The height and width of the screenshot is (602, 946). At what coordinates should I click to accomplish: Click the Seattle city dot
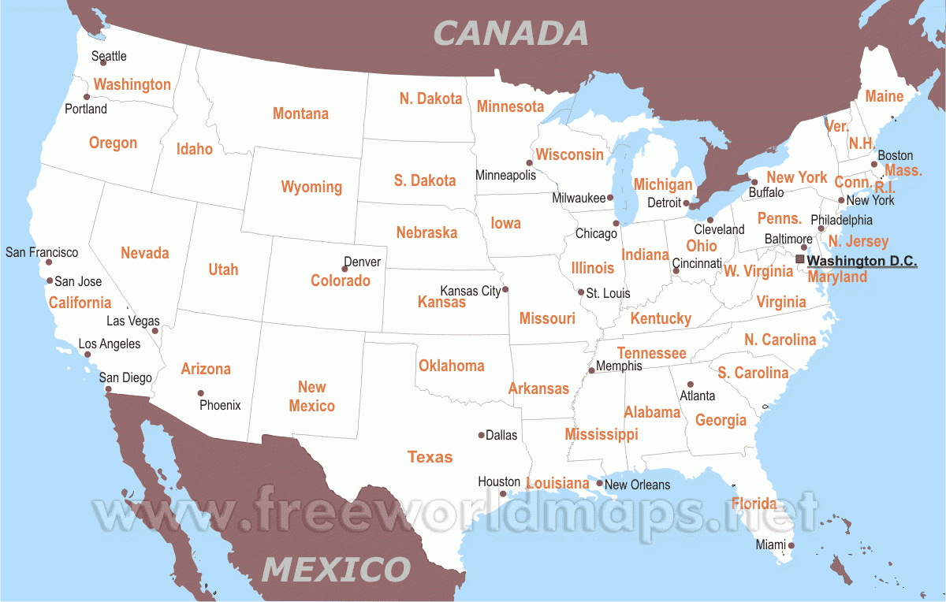103,63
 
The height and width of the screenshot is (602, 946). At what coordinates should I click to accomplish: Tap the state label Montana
300,113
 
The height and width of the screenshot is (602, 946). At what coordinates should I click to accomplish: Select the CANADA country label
511,33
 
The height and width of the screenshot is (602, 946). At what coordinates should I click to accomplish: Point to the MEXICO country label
337,568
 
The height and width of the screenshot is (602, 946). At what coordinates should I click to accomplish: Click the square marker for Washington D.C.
800,258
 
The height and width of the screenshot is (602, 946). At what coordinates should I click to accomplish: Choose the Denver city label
362,262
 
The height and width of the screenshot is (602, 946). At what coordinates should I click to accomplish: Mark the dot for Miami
791,545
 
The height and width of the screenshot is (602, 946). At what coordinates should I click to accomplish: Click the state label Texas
430,457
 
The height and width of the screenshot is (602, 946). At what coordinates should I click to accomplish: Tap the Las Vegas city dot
155,331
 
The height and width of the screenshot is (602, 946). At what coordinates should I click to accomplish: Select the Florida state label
754,504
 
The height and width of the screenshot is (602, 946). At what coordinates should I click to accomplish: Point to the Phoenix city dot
201,393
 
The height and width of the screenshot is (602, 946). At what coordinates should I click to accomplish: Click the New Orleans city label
637,485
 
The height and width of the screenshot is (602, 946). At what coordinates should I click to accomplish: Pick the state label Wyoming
311,187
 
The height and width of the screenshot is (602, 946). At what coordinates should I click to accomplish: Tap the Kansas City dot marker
505,288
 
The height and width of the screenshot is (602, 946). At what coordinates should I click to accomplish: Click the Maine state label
884,96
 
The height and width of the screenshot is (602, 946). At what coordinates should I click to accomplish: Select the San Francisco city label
42,252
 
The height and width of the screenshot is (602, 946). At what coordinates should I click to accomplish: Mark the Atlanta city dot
691,385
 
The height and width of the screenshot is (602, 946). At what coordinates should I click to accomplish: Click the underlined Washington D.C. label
862,261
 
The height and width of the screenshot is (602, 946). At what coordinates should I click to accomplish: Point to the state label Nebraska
426,232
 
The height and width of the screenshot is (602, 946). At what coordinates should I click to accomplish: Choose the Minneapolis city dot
530,163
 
